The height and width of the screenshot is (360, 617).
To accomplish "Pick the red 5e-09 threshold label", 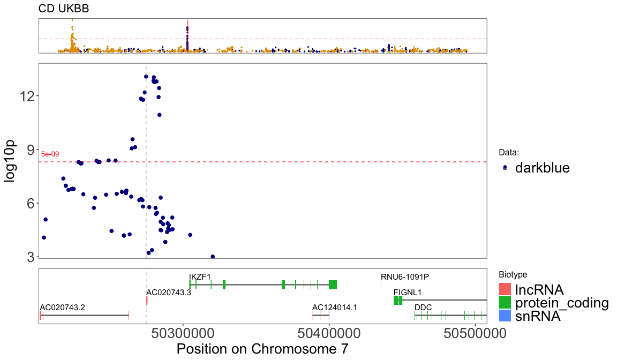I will pyautogui.click(x=50, y=154).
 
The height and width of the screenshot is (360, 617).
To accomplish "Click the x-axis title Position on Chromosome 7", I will pyautogui.click(x=262, y=349).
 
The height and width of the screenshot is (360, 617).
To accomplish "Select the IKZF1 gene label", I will pyautogui.click(x=200, y=277).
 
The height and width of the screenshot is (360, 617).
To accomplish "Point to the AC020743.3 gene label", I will pyautogui.click(x=169, y=292).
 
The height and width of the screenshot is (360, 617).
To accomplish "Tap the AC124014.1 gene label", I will pyautogui.click(x=335, y=307).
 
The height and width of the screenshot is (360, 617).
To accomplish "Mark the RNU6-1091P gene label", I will pyautogui.click(x=405, y=277).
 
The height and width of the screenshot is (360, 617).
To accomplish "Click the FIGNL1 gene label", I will pyautogui.click(x=408, y=292).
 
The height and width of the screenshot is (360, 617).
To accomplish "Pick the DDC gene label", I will pyautogui.click(x=423, y=307).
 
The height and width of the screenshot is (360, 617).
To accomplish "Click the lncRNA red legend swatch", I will pyautogui.click(x=505, y=289).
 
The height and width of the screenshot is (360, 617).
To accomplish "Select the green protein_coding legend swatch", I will pyautogui.click(x=505, y=303).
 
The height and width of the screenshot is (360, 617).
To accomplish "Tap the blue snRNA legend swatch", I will pyautogui.click(x=505, y=316).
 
